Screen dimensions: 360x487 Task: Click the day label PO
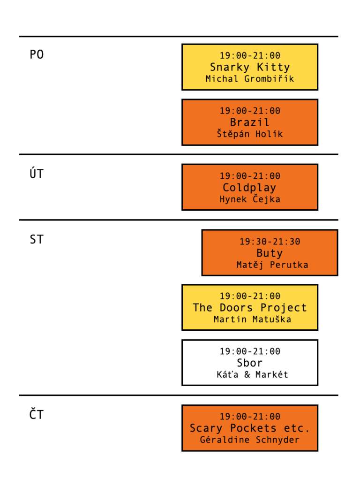[37, 55]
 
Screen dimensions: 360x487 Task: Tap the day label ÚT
[37, 173]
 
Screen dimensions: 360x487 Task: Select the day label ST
[37, 239]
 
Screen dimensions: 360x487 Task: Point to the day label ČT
[37, 414]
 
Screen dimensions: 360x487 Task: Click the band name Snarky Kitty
[250, 67]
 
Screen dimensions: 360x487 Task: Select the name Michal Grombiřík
[250, 78]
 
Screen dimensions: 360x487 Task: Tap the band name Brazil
[250, 122]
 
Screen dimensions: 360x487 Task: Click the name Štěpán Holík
[250, 134]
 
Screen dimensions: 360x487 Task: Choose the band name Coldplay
[249, 188]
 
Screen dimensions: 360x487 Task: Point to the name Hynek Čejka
[250, 199]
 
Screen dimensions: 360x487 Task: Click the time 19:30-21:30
[270, 242]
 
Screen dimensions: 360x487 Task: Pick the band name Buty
[270, 253]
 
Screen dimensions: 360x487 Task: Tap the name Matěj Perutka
[272, 265]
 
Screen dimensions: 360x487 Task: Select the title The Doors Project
[250, 307]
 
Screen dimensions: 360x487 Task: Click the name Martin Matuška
[252, 320]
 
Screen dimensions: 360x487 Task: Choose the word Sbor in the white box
[250, 363]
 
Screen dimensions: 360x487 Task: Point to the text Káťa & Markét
[252, 374]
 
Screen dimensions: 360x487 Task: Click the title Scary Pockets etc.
[250, 428]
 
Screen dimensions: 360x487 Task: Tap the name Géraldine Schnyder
[250, 440]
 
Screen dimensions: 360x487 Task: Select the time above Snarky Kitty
[250, 55]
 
